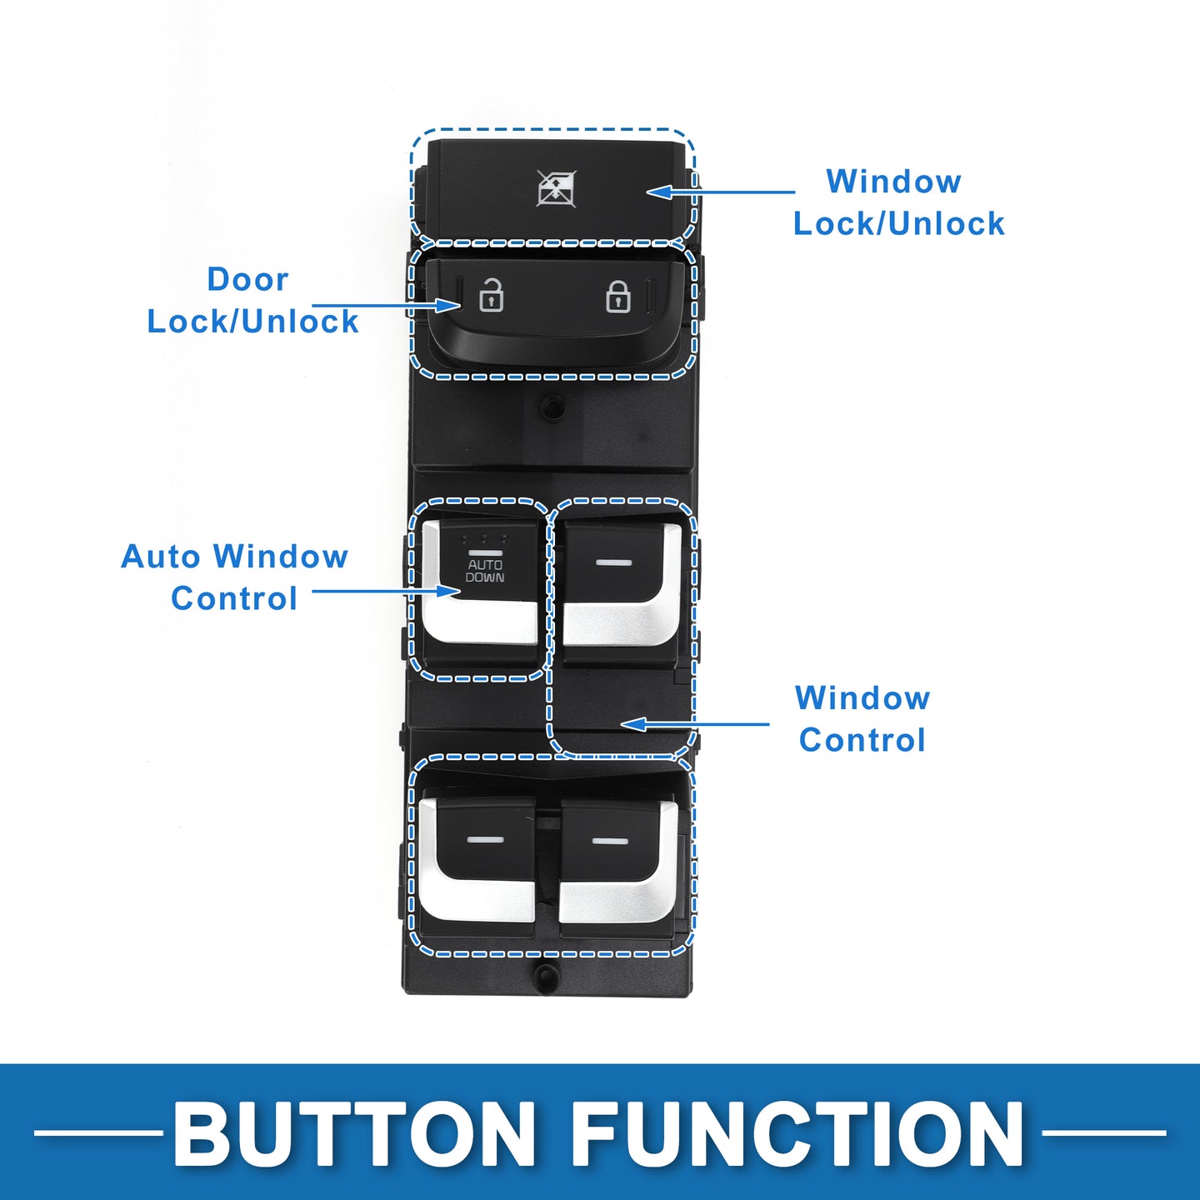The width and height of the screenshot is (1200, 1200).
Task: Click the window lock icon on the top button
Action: click(x=556, y=188)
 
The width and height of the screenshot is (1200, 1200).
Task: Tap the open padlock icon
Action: click(x=491, y=295)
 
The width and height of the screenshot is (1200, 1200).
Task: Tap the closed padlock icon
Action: click(x=617, y=297)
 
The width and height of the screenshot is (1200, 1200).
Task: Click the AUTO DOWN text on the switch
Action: click(x=485, y=571)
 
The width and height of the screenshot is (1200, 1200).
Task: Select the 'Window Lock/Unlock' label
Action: click(x=898, y=202)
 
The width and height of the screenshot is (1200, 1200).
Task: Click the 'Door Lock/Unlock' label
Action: click(x=252, y=300)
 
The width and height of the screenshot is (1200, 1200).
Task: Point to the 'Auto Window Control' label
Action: click(x=234, y=577)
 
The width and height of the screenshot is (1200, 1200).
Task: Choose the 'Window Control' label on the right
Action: click(x=862, y=718)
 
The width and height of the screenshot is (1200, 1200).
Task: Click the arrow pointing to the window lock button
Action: click(x=721, y=191)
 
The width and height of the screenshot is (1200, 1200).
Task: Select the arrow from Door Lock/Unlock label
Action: click(x=386, y=305)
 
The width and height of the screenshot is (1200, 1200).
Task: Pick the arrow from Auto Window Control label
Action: click(x=386, y=590)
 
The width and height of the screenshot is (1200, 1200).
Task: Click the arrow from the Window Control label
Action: click(x=695, y=724)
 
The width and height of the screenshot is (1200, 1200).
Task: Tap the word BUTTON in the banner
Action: click(x=354, y=1132)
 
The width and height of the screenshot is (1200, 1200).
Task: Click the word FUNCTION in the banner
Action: click(x=797, y=1132)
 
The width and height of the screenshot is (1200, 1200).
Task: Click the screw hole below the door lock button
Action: click(x=552, y=407)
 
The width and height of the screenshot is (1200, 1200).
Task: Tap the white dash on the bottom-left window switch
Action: click(x=484, y=839)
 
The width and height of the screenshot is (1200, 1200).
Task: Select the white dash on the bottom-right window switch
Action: click(x=610, y=842)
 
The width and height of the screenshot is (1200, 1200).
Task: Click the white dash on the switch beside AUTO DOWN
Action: click(x=613, y=562)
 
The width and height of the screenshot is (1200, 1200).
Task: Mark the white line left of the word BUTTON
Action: click(x=98, y=1132)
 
